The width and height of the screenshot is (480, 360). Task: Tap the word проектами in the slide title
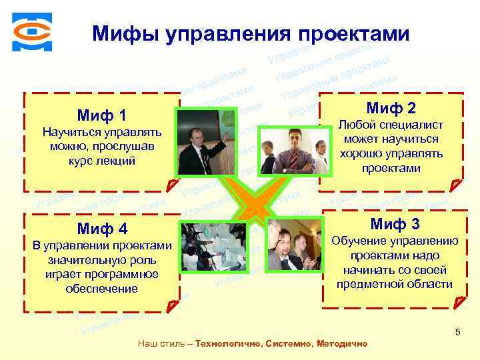pos(353,33)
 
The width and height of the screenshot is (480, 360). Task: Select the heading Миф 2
pos(391,108)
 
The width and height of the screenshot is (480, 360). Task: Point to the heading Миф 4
pos(102,229)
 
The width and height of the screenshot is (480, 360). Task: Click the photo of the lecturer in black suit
pos(204,140)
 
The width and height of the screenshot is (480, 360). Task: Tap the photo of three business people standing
pos(287,149)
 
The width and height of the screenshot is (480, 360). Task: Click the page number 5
pos(457,332)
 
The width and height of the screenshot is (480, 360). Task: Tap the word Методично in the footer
pos(343,344)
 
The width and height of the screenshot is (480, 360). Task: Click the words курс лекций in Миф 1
pos(102,161)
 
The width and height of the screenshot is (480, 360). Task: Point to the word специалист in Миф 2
pos(410,125)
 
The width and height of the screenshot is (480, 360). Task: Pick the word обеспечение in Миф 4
pos(102,289)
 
